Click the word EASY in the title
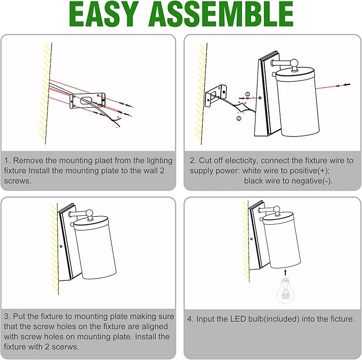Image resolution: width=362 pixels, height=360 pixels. click(103, 14)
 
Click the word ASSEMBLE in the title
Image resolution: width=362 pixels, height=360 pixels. click(221, 14)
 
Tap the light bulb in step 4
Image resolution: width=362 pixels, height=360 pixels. click(285, 291)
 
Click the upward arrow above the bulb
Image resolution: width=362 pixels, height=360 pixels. click(285, 272)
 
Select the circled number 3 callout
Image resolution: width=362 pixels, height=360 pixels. click(247, 94)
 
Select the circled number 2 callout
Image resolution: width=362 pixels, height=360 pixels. click(239, 118)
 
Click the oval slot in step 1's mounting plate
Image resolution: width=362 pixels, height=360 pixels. click(86, 100)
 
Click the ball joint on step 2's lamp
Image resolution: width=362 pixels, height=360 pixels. click(294, 63)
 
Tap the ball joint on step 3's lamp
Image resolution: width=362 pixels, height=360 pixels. click(89, 214)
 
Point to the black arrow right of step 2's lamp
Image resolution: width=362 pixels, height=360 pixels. click(347, 85)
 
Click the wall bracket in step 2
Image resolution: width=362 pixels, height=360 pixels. click(215, 96)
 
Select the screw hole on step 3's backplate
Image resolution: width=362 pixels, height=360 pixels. click(61, 247)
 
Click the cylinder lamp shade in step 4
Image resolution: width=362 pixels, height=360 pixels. click(281, 241)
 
